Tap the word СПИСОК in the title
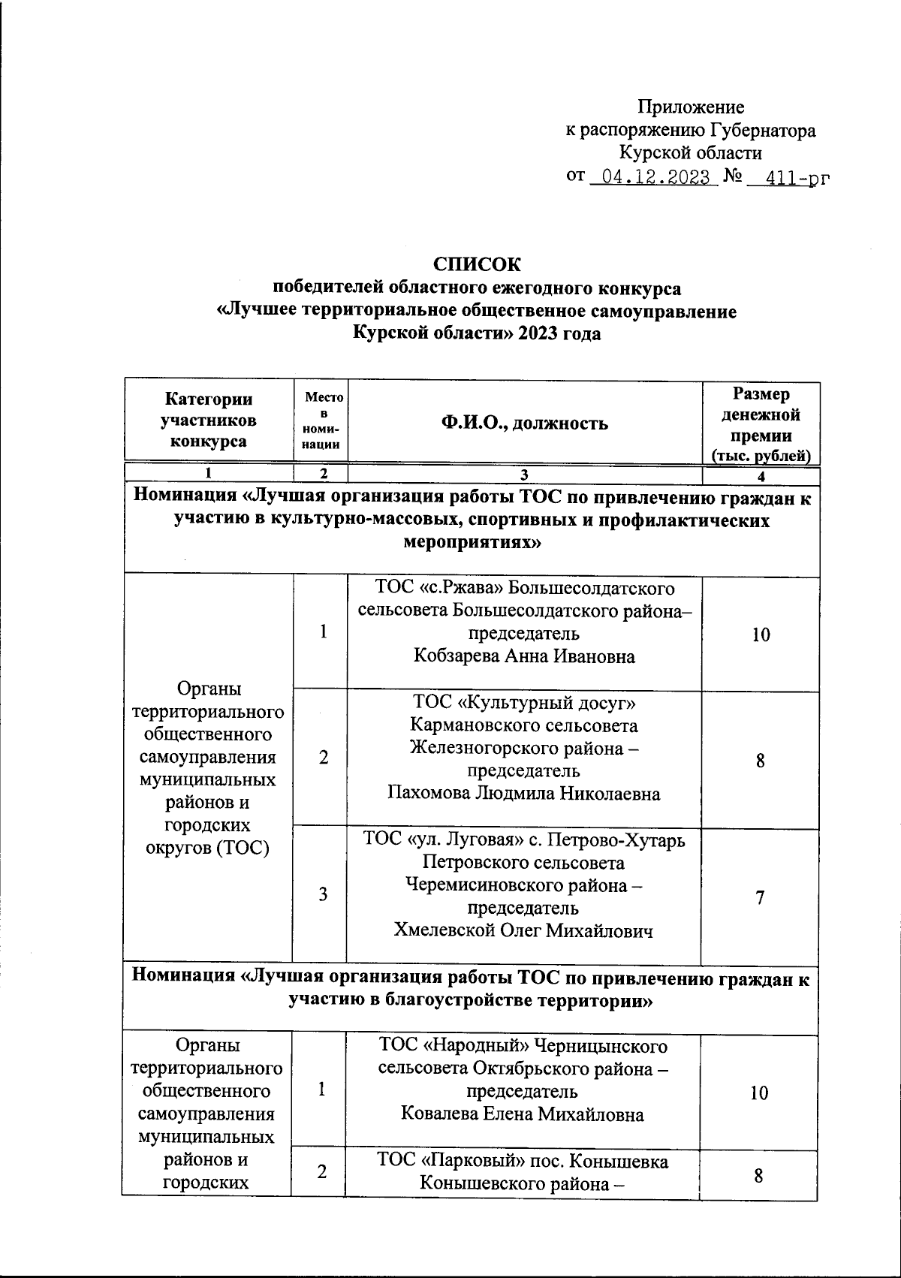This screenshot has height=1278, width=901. click(476, 264)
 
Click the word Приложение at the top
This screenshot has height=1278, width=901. click(692, 107)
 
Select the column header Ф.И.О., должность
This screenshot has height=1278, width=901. click(524, 423)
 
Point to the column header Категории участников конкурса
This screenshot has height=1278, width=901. click(209, 420)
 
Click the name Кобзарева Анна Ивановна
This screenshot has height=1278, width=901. click(524, 656)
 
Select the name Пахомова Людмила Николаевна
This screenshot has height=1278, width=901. click(524, 794)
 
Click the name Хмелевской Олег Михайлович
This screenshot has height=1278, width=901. click(524, 931)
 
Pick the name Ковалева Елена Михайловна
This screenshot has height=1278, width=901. click(523, 1114)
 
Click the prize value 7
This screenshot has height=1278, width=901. click(760, 897)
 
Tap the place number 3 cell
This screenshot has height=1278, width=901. click(323, 895)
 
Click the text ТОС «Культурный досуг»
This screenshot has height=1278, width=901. click(524, 703)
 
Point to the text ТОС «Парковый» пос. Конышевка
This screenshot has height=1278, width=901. click(523, 1161)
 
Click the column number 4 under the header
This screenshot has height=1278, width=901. click(761, 477)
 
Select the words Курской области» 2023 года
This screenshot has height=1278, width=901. click(477, 333)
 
